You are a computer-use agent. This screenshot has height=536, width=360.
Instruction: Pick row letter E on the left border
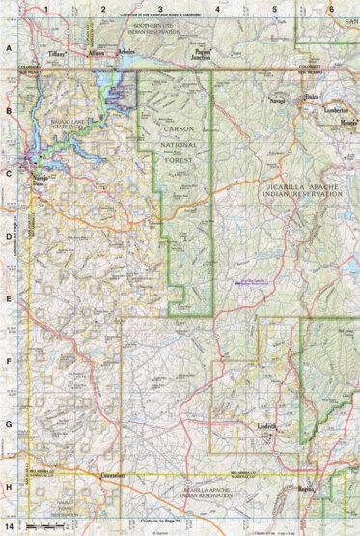pyautogui.click(x=9, y=301)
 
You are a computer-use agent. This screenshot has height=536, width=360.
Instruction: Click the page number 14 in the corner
pyautogui.click(x=10, y=527)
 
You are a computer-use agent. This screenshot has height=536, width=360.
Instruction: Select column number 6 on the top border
pyautogui.click(x=331, y=9)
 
